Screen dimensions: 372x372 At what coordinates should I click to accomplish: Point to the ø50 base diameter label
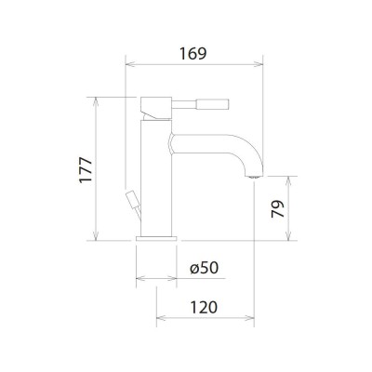[x=202, y=267]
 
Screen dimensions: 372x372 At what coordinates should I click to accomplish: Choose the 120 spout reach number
[x=206, y=306]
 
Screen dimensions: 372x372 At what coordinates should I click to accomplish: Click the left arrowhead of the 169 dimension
[x=129, y=65]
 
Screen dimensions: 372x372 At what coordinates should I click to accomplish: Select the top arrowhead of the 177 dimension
[x=98, y=99]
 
